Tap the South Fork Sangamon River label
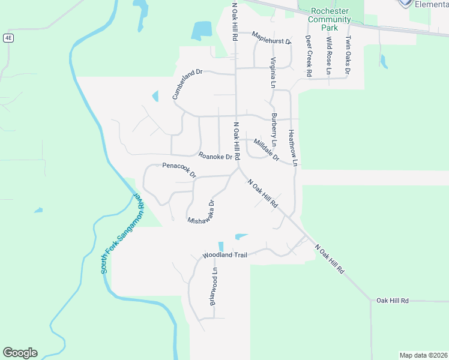tap(123, 234)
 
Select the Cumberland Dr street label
tap(188, 83)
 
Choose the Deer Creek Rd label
tap(309, 55)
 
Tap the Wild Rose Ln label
tap(329, 55)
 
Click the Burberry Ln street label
tap(274, 130)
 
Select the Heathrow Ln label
tap(292, 148)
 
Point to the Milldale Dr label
tap(267, 150)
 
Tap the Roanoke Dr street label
tap(215, 157)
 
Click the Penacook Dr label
tap(179, 170)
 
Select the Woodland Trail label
tap(224, 255)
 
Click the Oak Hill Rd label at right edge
tap(393, 300)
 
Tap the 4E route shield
tap(8, 38)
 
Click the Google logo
tap(20, 353)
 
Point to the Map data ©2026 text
tap(423, 355)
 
